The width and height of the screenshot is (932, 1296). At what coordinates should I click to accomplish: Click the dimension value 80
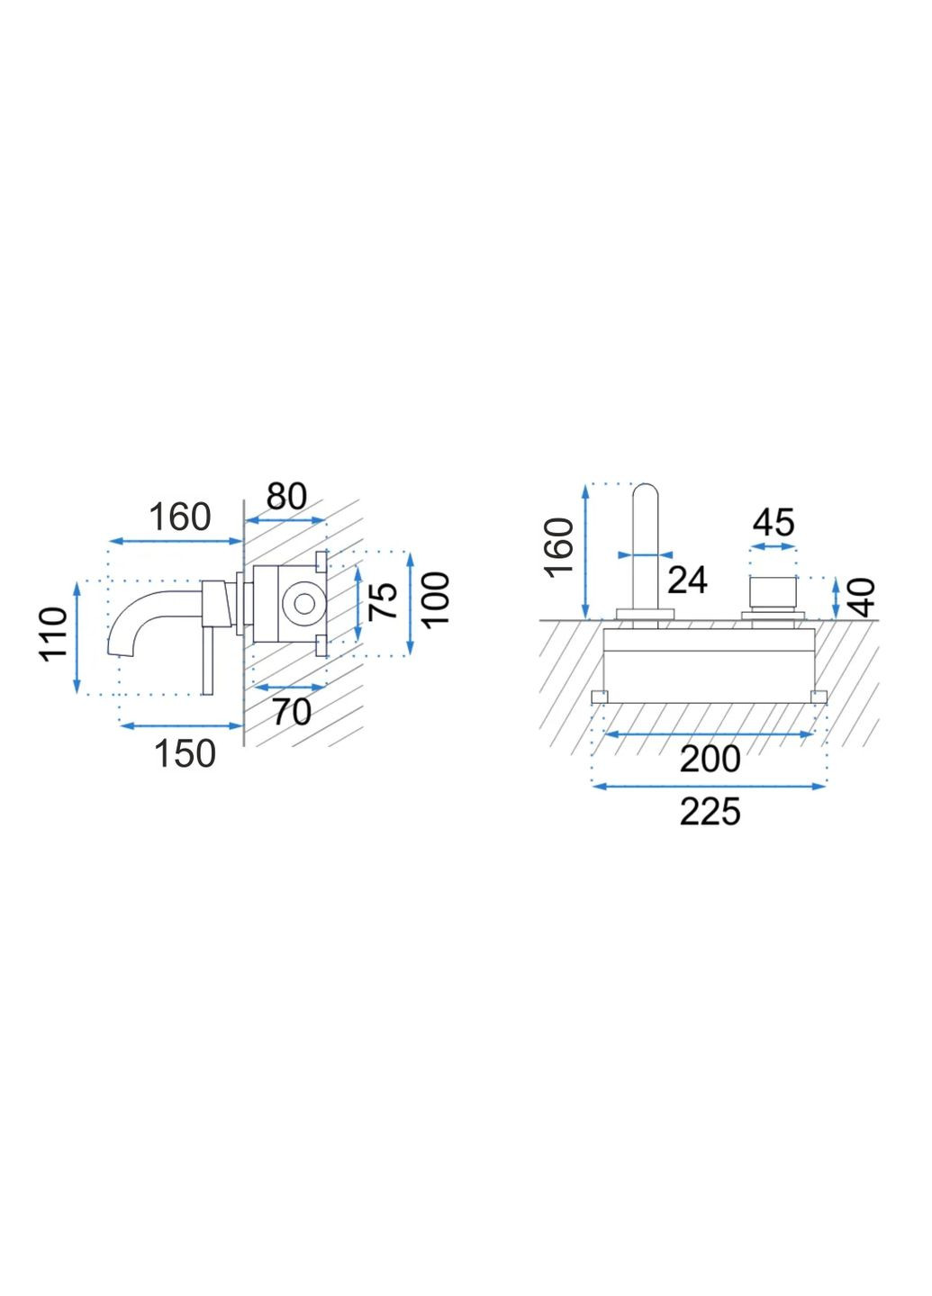tap(286, 497)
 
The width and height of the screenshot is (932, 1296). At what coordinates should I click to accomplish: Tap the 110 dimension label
tap(54, 634)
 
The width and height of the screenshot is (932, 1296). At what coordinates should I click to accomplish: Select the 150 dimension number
tap(185, 754)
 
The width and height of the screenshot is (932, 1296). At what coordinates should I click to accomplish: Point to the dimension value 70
tap(292, 712)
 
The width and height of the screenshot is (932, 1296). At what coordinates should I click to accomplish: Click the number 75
tap(383, 601)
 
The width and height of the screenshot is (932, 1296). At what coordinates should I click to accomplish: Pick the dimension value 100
tap(435, 598)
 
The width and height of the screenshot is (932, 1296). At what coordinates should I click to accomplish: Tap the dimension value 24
tap(687, 580)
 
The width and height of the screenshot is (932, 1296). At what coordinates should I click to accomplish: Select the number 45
tap(773, 522)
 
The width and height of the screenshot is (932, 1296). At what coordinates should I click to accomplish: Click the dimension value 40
tap(864, 598)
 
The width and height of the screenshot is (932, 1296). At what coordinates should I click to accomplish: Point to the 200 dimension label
tap(710, 759)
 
